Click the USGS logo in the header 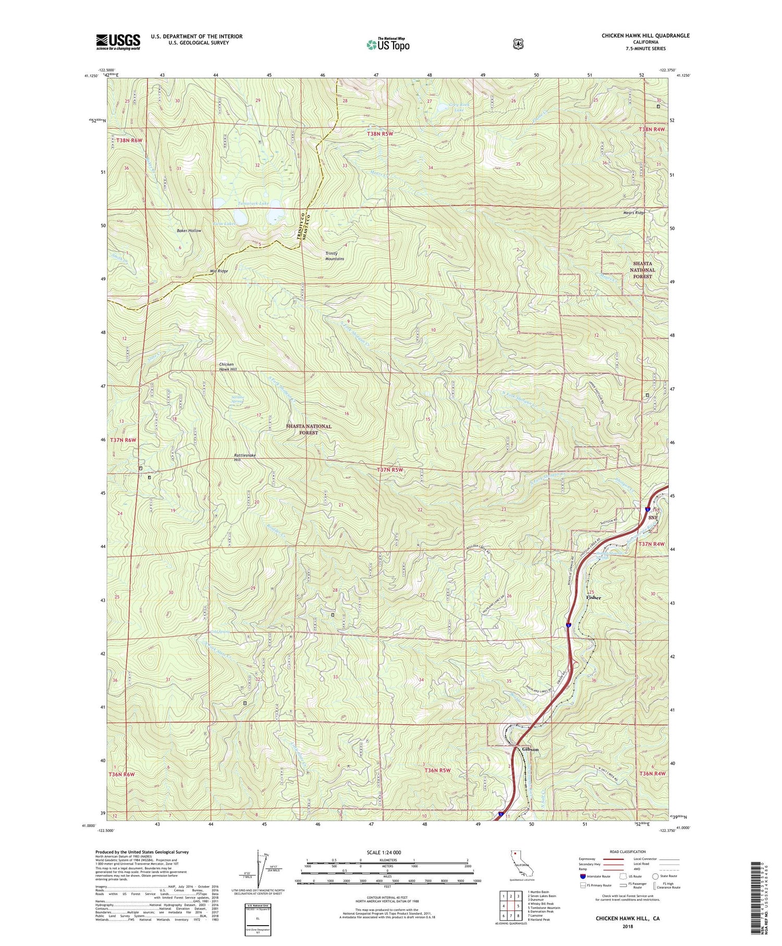point(118,42)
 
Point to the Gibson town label point(530,749)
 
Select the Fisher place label point(593,597)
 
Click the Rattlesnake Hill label point(244,458)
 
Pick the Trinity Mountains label point(334,256)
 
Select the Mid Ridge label point(218,271)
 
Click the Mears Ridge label point(634,213)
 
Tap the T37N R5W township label point(390,470)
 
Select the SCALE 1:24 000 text point(386,852)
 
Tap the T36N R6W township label point(122,774)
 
